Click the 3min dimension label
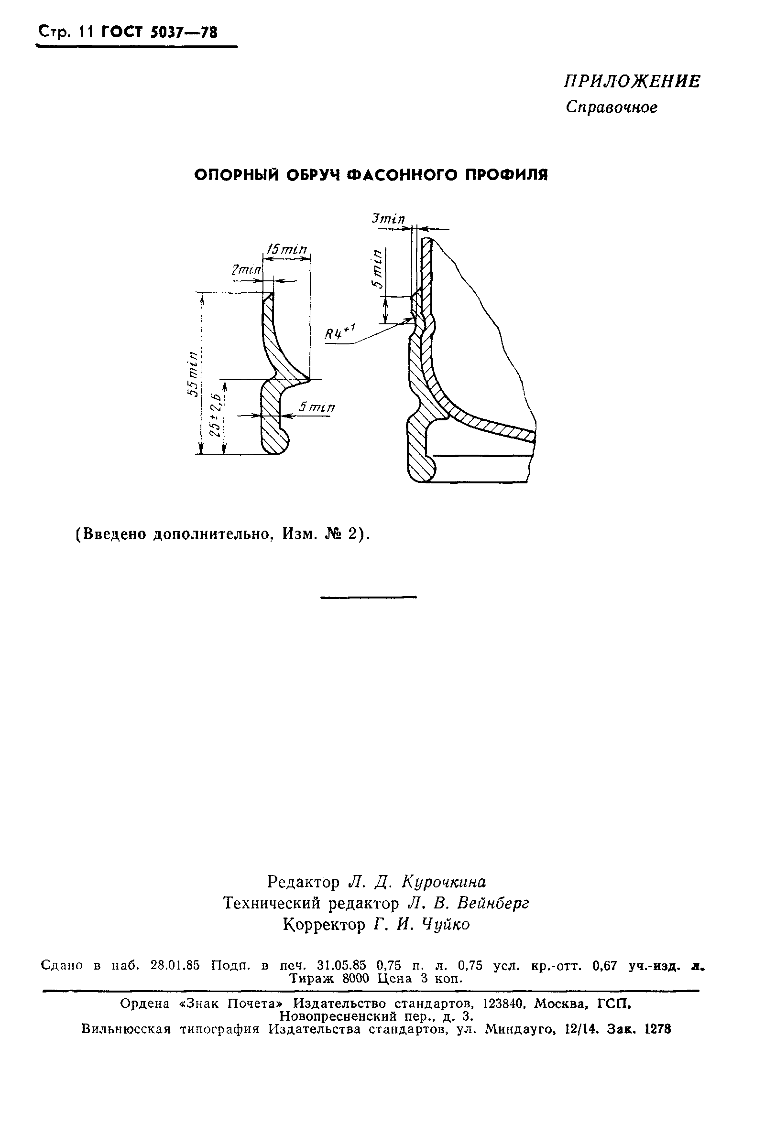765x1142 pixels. [x=388, y=219]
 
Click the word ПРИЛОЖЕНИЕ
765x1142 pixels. [x=632, y=82]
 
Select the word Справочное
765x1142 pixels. [x=612, y=107]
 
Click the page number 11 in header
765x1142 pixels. [x=87, y=32]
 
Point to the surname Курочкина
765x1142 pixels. [x=444, y=882]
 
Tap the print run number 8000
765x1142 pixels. [x=358, y=978]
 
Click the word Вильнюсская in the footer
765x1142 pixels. [x=126, y=1029]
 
